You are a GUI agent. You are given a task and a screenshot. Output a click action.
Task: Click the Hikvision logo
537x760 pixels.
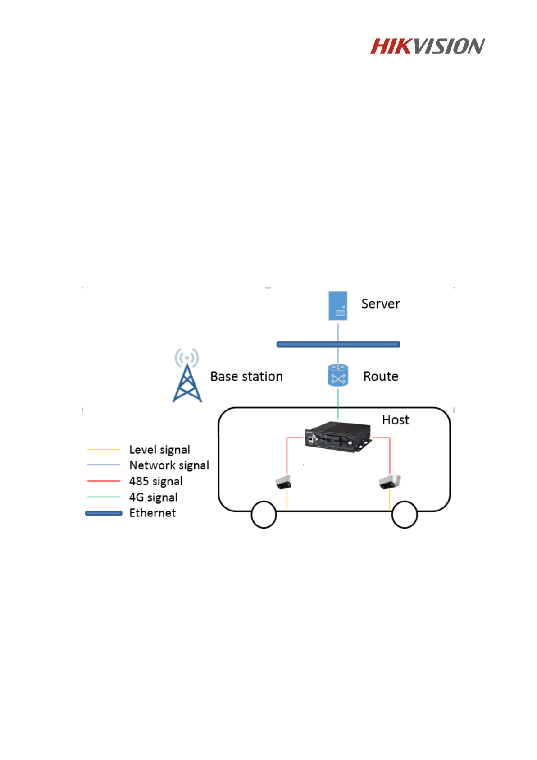pos(427,46)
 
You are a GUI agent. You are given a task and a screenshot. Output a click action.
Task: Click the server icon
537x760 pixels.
pos(338,306)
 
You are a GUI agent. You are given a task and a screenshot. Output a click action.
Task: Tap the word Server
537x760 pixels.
pos(380,304)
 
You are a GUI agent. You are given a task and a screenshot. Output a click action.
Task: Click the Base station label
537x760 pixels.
pos(246,376)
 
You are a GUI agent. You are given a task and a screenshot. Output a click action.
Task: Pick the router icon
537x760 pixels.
pos(338,376)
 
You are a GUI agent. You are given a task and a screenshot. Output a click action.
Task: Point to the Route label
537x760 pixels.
pos(381,376)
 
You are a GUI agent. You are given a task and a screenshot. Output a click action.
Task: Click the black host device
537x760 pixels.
pos(338,436)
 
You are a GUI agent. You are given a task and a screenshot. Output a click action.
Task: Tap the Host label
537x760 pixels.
pos(396,420)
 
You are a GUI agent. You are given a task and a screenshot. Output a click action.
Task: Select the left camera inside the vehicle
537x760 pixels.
pos(283,482)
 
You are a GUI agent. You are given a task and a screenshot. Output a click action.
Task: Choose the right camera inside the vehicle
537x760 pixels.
pos(390,482)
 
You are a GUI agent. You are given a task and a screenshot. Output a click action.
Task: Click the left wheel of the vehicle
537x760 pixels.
pos(264,515)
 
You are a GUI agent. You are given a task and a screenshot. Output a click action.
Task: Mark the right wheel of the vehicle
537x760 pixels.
pos(405,515)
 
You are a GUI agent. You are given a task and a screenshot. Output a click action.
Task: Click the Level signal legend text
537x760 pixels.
pos(159,450)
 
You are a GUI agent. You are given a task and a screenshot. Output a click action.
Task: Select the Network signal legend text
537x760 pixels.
pos(169,465)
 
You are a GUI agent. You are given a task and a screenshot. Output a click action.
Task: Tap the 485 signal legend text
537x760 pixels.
pos(156,481)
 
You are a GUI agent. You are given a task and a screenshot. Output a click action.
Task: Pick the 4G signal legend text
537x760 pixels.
pos(153,497)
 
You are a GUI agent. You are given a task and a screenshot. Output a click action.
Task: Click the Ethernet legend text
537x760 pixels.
pos(152,513)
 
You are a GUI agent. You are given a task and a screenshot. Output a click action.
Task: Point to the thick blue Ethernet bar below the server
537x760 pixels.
pos(306,344)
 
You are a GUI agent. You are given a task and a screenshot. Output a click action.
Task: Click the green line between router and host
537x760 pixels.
pos(338,404)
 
